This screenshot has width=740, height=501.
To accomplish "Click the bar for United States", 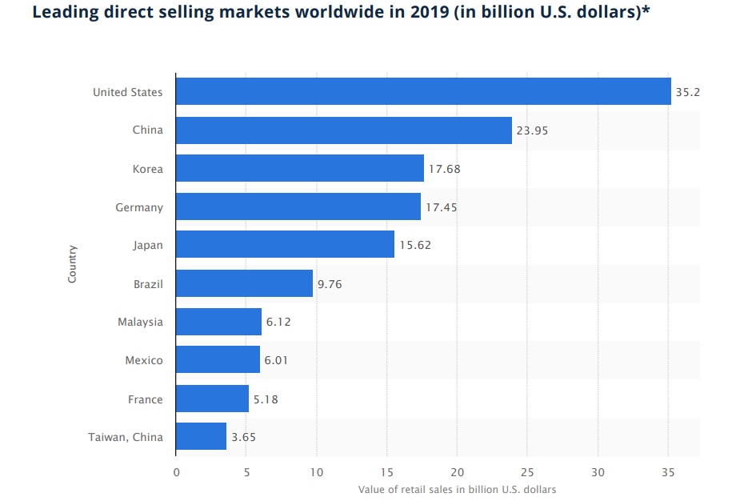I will tap(422, 91).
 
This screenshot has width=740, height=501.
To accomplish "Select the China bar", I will tap(343, 130).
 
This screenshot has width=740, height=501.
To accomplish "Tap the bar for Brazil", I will tap(244, 283).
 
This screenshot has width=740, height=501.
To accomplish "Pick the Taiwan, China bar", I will tap(201, 437).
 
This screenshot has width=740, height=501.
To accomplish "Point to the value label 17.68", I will tap(445, 169).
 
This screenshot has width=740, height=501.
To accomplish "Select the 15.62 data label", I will tap(415, 246).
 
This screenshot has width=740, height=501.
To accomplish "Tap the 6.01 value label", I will tap(277, 361).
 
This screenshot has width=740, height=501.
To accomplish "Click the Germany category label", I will tap(139, 207).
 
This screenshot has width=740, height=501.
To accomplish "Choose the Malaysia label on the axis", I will tap(140, 322).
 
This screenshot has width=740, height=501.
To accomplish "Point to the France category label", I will tap(146, 399).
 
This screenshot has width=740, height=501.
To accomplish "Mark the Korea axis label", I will tap(148, 169).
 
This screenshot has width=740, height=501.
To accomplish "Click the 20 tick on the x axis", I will tap(457, 472).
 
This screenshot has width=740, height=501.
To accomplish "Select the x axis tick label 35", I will tap(668, 472).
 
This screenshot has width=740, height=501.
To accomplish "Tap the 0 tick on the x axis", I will tap(176, 472).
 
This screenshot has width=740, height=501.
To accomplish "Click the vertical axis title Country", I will tap(72, 264).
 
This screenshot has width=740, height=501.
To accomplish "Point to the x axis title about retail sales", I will tap(457, 489).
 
